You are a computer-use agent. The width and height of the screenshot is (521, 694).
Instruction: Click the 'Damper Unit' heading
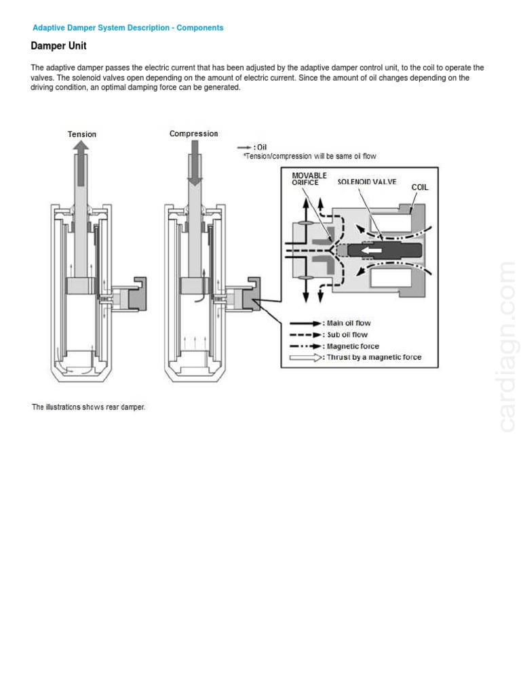(x=58, y=46)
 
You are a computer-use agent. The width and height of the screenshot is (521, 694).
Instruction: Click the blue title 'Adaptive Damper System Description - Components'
(x=128, y=28)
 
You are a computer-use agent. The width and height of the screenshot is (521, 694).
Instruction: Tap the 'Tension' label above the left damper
(x=82, y=134)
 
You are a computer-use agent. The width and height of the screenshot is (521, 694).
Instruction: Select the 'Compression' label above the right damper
(x=194, y=134)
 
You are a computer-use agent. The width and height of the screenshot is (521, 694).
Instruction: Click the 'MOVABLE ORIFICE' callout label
(x=309, y=179)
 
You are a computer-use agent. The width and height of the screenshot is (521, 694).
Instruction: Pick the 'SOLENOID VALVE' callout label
(x=367, y=182)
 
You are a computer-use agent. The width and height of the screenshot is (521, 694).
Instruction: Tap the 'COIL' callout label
(x=420, y=187)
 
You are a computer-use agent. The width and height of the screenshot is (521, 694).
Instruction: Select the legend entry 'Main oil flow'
(x=348, y=323)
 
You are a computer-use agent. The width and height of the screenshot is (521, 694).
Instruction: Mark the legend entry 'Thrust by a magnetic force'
(x=373, y=357)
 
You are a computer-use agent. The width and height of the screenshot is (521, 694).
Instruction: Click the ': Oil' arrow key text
(x=258, y=147)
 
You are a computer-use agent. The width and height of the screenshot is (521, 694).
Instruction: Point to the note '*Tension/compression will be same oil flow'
(x=309, y=157)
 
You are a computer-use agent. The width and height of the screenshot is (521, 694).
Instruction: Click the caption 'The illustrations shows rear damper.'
(x=89, y=407)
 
